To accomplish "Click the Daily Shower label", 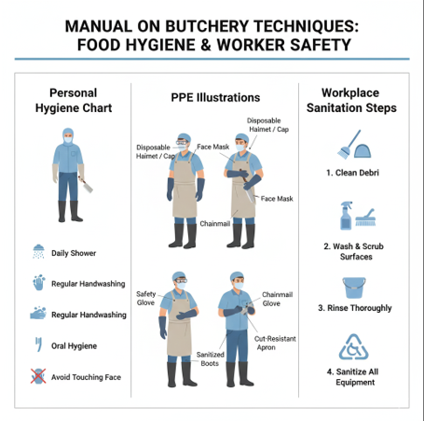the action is (x=74, y=253).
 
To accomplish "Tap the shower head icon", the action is (x=38, y=251).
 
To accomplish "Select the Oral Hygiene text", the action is (x=74, y=346).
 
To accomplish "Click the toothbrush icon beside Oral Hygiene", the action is (x=38, y=344).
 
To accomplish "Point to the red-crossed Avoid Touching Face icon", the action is (x=38, y=376).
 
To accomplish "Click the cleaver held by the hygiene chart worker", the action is (x=87, y=185).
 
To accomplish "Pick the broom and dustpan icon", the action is (x=354, y=144).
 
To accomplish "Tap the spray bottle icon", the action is (x=347, y=216).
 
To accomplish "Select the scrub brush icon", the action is (x=365, y=218).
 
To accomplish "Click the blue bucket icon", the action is (x=354, y=288).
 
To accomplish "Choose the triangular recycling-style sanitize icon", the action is (x=353, y=347).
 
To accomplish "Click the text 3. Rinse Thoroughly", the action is (x=355, y=308).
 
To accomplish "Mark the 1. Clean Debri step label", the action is (x=352, y=173).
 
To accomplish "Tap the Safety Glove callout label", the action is (x=145, y=298).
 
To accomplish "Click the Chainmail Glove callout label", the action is (x=277, y=299).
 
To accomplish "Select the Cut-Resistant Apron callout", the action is (x=275, y=343).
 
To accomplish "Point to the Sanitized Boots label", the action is (x=210, y=358).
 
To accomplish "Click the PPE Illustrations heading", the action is (x=215, y=98).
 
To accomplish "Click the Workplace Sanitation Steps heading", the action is (x=351, y=100).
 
